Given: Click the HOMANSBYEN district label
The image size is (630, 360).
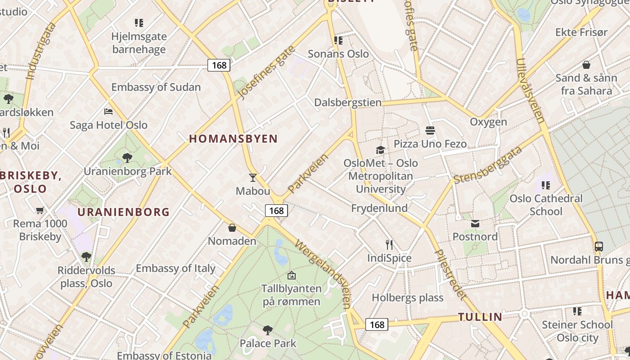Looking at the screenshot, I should [x=233, y=139].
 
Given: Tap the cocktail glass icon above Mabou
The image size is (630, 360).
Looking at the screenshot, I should [x=253, y=178].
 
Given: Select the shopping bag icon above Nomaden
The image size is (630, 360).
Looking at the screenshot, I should [x=232, y=228].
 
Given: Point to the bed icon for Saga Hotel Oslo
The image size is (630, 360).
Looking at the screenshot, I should [x=108, y=111].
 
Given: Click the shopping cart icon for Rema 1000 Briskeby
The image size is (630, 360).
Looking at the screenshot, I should [x=40, y=210].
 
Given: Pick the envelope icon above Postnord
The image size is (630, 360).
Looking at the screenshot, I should [x=475, y=224].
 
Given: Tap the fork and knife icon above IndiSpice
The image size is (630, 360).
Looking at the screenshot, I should [x=389, y=245].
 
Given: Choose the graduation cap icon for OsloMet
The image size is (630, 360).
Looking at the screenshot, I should [x=381, y=150].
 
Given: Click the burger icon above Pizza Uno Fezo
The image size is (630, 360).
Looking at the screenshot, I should [x=430, y=130].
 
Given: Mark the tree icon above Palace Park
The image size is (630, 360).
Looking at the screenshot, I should [x=268, y=330].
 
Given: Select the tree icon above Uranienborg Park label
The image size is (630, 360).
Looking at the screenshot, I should [x=127, y=157].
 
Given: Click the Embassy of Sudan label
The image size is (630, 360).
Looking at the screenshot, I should [x=156, y=87].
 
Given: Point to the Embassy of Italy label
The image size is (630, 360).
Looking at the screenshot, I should [x=175, y=268].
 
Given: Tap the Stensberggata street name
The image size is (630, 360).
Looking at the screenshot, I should [x=488, y=164].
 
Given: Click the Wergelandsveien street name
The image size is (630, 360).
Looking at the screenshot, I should [x=323, y=274].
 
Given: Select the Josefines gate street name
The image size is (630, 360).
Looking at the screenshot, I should [x=266, y=72].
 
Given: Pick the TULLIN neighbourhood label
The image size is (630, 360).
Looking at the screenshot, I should [x=480, y=317].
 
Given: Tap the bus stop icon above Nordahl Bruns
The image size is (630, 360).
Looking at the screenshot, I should [x=598, y=247].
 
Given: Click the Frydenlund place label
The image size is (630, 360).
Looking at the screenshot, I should [x=379, y=208].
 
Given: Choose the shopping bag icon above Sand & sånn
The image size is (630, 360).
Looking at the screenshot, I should [x=586, y=65].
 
